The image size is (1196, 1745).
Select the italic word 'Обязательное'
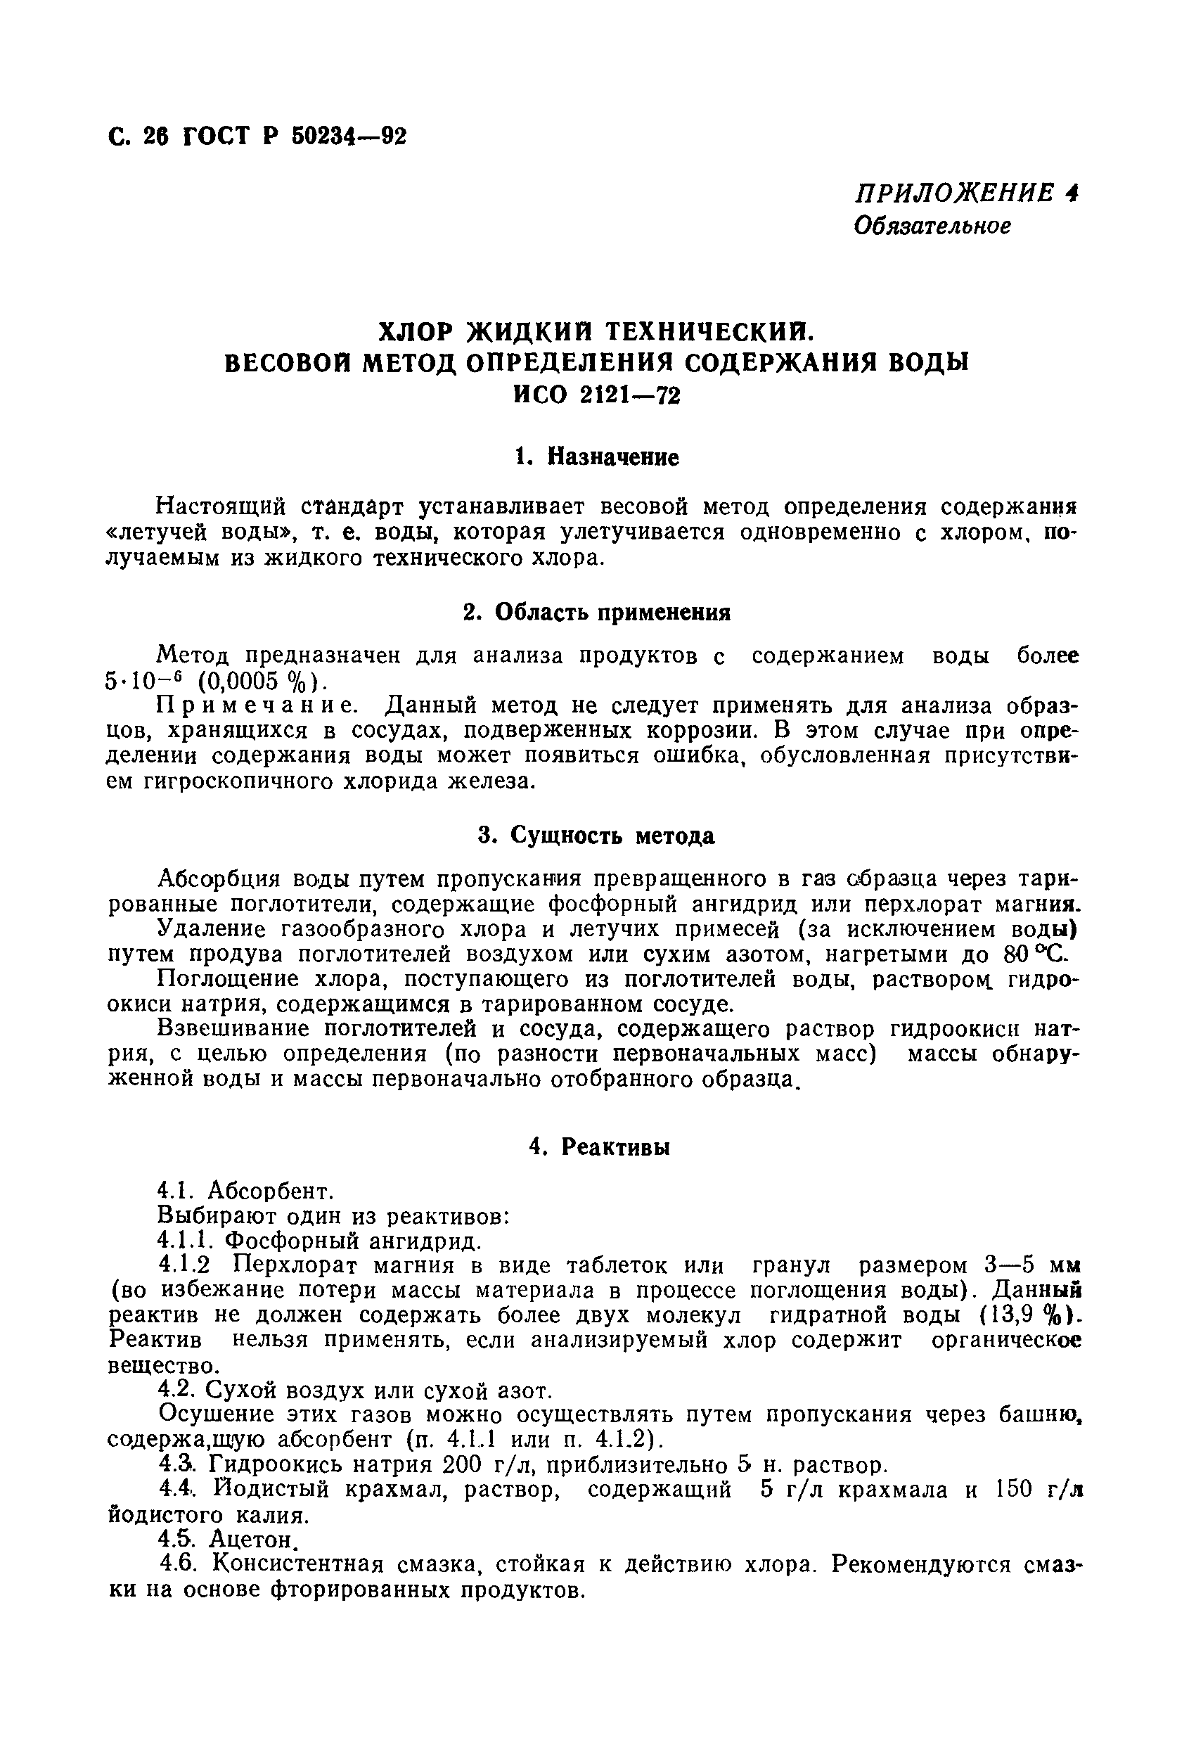pyautogui.click(x=932, y=225)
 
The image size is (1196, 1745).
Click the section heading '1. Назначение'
pyautogui.click(x=597, y=456)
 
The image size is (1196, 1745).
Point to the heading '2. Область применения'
pyautogui.click(x=597, y=613)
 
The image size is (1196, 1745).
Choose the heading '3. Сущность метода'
pyautogui.click(x=597, y=835)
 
